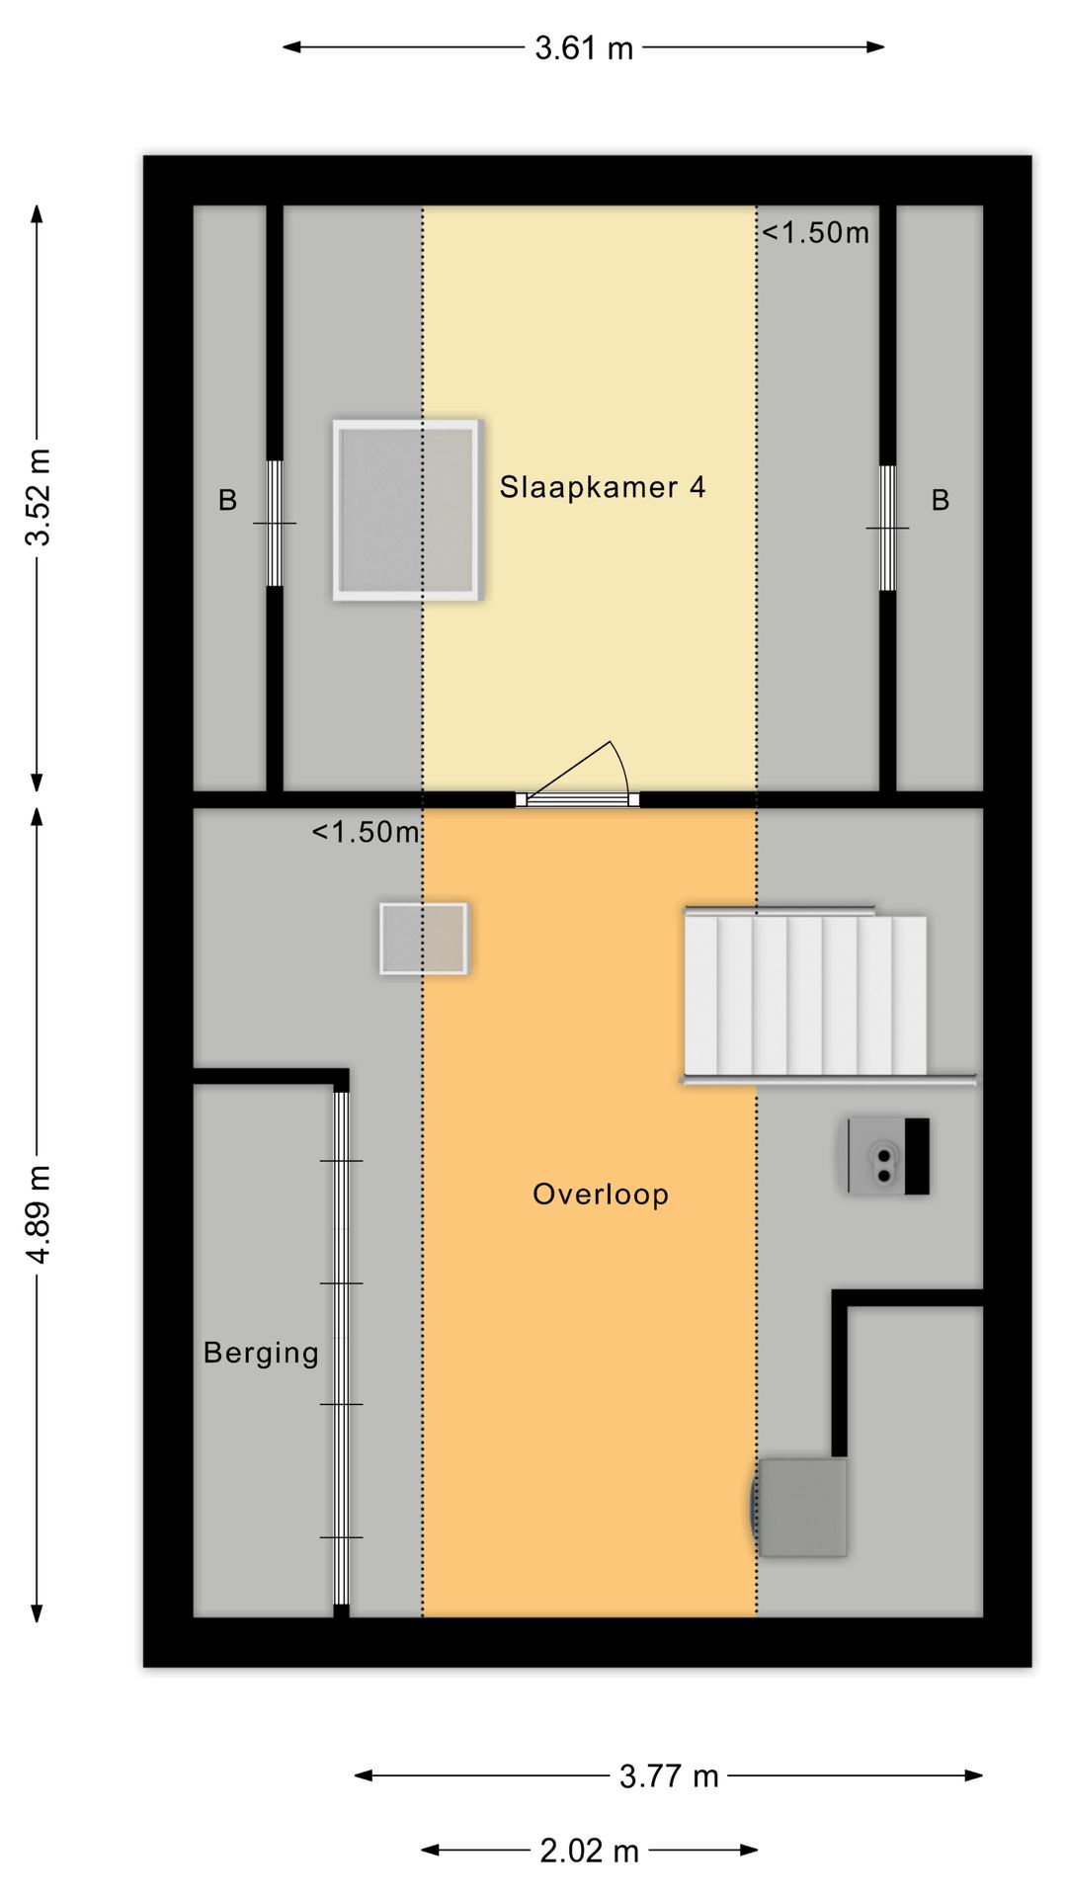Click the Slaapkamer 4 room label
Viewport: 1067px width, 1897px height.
602,487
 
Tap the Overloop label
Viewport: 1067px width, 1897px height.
601,1195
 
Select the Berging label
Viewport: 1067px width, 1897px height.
261,1354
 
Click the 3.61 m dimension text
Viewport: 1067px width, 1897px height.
584,47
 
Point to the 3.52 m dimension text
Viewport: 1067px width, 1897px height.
39,497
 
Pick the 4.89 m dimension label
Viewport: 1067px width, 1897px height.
39,1214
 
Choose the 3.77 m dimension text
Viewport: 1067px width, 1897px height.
669,1776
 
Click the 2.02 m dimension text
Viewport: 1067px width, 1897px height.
589,1851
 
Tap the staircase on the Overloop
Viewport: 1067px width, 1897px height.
806,995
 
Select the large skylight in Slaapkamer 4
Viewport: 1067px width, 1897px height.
408,510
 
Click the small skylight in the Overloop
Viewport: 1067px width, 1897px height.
424,939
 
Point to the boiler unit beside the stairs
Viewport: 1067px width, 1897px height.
888,1156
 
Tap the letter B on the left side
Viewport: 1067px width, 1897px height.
227,501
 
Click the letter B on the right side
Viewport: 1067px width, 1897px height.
941,501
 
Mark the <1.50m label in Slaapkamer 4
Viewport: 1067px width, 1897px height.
815,233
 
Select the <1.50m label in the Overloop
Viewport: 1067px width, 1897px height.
366,833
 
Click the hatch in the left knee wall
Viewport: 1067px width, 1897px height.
275,524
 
